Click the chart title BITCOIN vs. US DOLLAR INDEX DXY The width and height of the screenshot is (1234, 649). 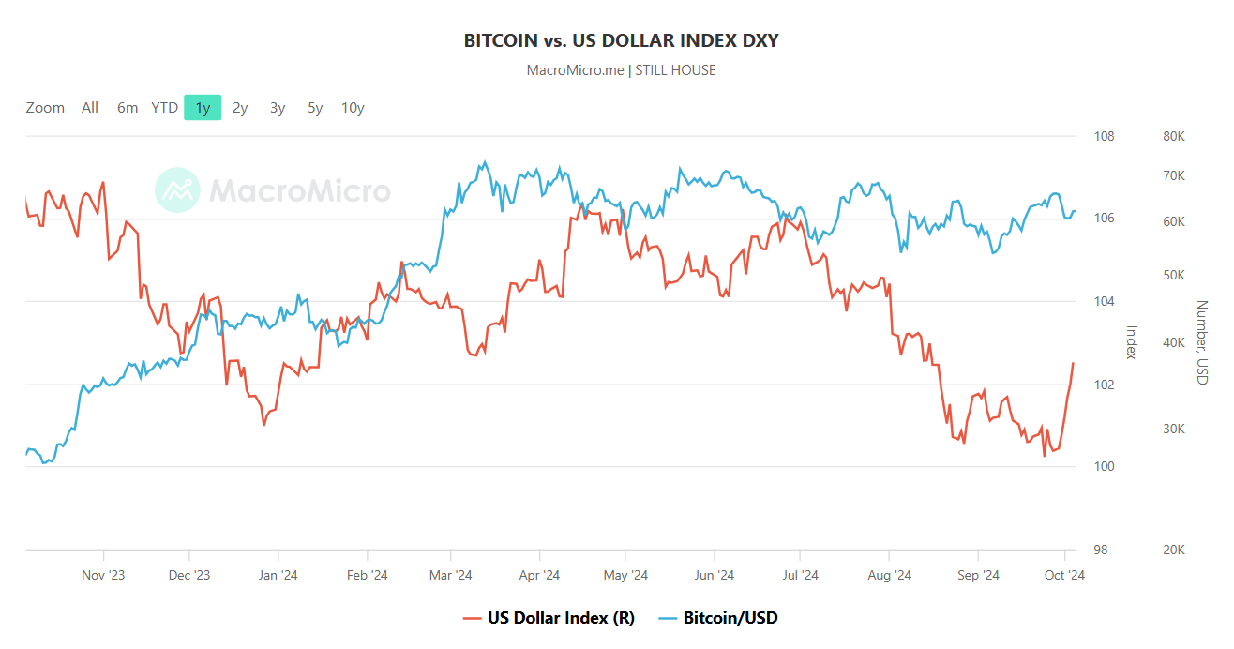click(x=621, y=40)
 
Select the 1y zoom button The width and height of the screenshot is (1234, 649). click(x=203, y=108)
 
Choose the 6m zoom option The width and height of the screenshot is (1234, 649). click(x=128, y=108)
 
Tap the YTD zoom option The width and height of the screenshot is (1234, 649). click(x=165, y=108)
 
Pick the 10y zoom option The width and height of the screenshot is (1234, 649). click(x=353, y=108)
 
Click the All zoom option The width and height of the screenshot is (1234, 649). click(x=90, y=108)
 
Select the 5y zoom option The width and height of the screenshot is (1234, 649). click(x=315, y=108)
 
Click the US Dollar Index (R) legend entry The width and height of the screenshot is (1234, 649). click(x=549, y=618)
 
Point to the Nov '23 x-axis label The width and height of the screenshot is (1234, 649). click(x=103, y=575)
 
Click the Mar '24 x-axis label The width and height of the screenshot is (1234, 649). click(x=451, y=575)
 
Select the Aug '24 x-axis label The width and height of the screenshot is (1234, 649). click(x=890, y=575)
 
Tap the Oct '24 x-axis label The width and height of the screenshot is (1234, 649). click(x=1064, y=575)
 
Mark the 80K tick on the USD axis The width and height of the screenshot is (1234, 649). click(x=1174, y=137)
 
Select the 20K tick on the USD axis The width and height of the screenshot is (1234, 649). click(x=1174, y=551)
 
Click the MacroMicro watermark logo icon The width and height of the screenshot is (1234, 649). click(x=177, y=191)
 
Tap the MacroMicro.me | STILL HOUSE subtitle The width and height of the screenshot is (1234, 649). click(x=621, y=70)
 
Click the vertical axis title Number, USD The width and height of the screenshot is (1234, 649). click(x=1202, y=342)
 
